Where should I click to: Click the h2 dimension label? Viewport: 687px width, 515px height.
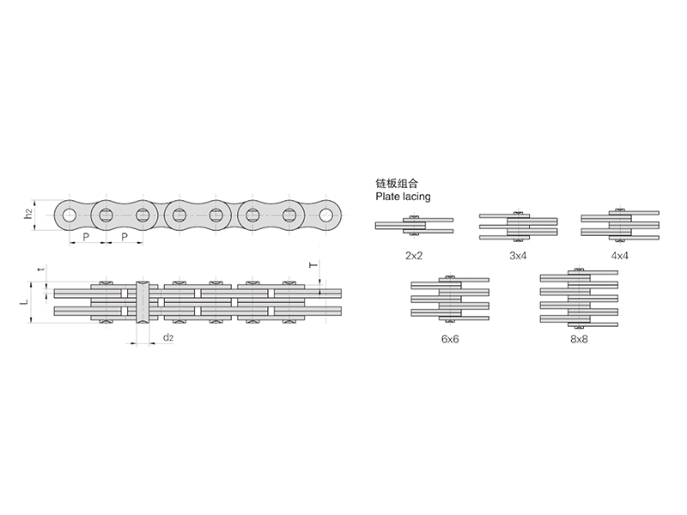(x=28, y=214)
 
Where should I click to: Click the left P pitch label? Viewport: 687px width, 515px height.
(x=87, y=238)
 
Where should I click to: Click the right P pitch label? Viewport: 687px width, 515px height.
(x=125, y=238)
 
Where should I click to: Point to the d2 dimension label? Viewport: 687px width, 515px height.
(x=168, y=337)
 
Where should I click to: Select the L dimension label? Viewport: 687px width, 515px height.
(x=25, y=302)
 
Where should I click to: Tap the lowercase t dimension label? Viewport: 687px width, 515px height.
(x=41, y=269)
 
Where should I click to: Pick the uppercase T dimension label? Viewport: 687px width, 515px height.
(x=313, y=265)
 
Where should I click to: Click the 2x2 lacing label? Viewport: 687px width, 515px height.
(x=414, y=256)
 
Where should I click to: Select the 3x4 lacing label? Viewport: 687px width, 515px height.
(x=518, y=256)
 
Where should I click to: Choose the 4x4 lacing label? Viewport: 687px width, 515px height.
(x=619, y=256)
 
